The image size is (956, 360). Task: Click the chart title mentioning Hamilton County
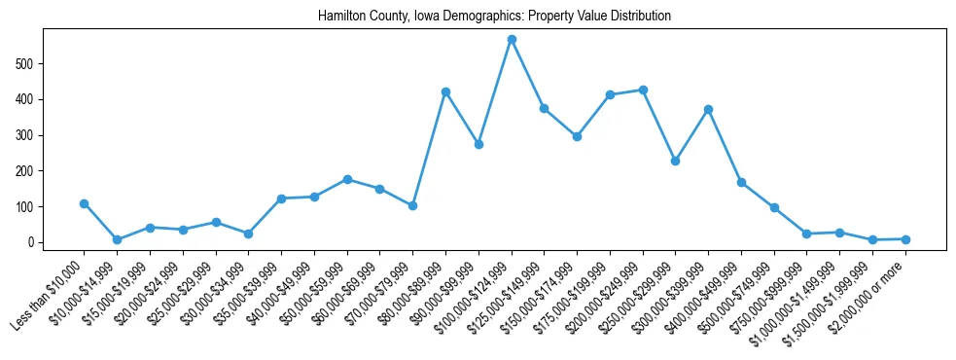[x=494, y=17]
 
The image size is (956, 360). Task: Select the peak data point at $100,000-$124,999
[x=512, y=40]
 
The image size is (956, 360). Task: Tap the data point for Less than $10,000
[x=85, y=203]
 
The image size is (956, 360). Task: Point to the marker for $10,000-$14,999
[x=117, y=239]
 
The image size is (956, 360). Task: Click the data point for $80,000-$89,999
[x=445, y=91]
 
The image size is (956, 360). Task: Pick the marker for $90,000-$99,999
[x=478, y=144]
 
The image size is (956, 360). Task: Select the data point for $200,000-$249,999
[x=643, y=90]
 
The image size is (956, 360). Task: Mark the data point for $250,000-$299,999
[x=676, y=161]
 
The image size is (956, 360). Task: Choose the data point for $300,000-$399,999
[x=709, y=109]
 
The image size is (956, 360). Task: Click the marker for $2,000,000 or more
[x=905, y=239]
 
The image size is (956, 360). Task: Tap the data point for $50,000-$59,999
[x=347, y=179]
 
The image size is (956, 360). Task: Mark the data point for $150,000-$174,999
[x=577, y=136]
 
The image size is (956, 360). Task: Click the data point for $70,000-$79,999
[x=412, y=205]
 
